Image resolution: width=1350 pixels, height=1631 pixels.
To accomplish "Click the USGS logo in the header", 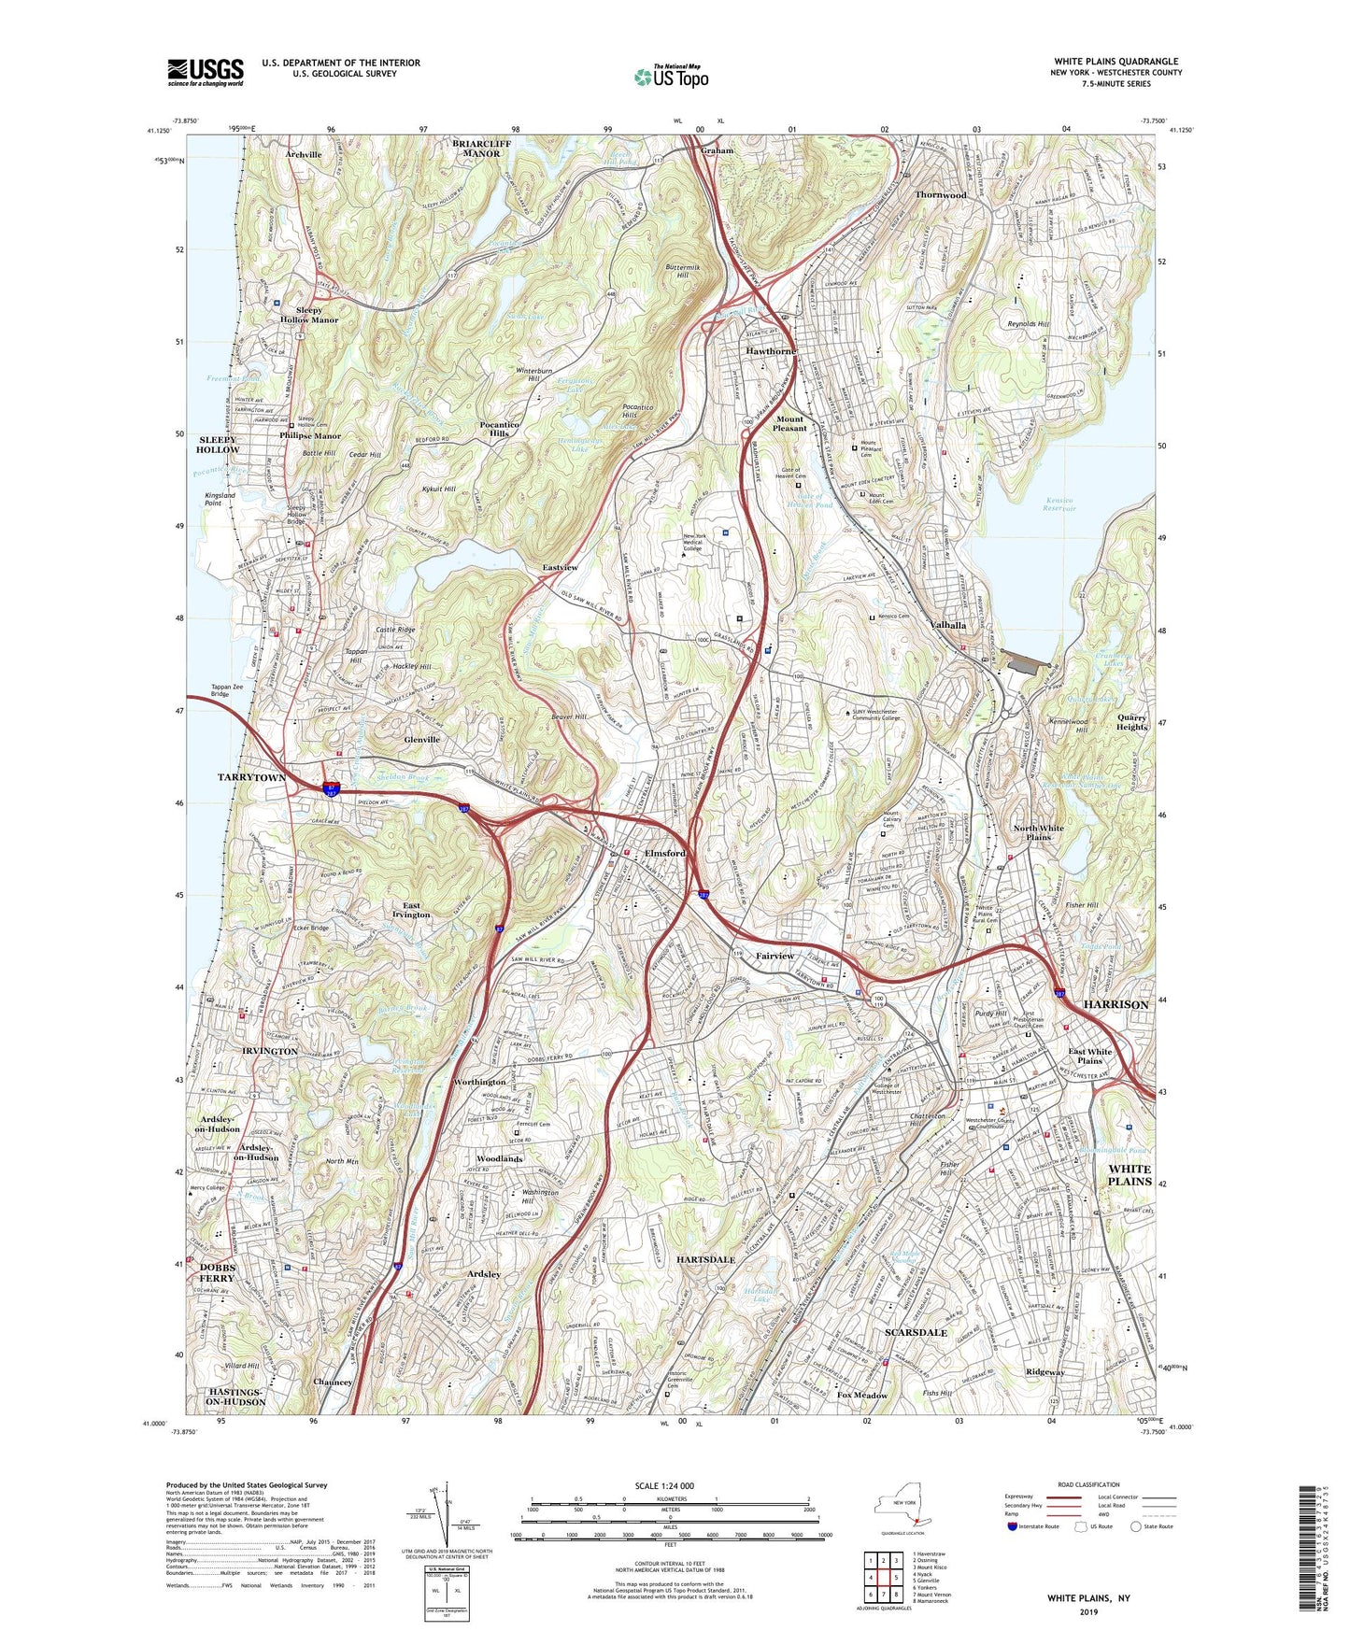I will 206,71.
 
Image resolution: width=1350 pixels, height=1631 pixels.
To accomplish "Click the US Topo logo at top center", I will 671,77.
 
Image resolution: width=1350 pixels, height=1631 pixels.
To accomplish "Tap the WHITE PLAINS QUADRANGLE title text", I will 1116,61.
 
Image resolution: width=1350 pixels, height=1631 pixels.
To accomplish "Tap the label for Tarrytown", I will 251,777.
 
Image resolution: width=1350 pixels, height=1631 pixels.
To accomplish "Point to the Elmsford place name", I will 664,853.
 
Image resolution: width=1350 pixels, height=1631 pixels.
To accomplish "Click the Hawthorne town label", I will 771,351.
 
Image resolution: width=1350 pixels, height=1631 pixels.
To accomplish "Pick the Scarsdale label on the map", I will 917,1332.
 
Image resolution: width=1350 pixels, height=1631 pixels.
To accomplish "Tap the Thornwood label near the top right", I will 940,194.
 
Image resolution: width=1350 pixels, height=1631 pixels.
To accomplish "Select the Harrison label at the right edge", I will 1116,1004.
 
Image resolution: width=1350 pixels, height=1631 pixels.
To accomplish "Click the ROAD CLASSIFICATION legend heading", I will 1088,1484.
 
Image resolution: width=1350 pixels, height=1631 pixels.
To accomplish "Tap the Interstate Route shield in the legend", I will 1013,1526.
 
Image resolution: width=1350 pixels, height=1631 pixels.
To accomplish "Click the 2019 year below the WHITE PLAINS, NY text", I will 1088,1611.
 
